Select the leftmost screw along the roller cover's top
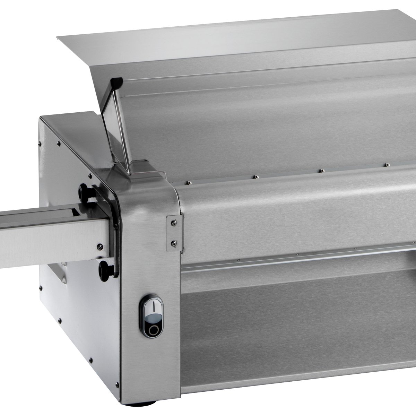[188, 182]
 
